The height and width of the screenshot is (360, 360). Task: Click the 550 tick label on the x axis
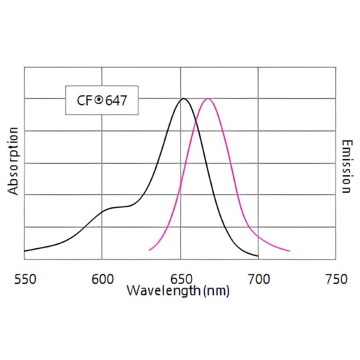tap(25, 279)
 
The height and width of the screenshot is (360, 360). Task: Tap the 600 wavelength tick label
tap(102, 279)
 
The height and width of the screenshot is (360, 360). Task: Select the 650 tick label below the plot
tap(180, 279)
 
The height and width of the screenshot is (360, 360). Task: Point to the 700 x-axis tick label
tap(259, 279)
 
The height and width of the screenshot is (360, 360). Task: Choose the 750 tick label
tap(336, 279)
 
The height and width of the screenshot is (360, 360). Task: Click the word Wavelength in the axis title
tap(164, 290)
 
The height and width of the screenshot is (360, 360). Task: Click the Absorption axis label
tap(14, 161)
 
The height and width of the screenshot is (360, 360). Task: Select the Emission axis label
tap(346, 166)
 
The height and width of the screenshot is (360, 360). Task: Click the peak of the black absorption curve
tap(183, 98)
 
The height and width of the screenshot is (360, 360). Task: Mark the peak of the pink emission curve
tap(207, 98)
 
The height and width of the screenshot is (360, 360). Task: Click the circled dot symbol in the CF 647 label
tap(99, 100)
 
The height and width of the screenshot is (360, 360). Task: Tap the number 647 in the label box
tap(115, 100)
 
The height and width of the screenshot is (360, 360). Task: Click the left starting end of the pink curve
tap(149, 250)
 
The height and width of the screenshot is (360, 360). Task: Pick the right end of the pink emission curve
tap(290, 251)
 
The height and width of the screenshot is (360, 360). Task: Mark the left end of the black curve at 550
tap(25, 251)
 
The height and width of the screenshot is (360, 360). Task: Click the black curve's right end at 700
tap(258, 256)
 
